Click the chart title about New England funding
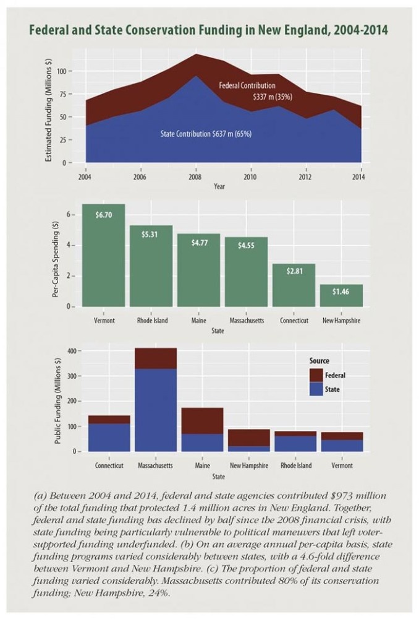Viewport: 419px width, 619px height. [x=209, y=31]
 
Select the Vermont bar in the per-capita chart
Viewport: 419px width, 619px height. [x=103, y=260]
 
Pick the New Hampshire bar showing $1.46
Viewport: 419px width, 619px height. [x=341, y=295]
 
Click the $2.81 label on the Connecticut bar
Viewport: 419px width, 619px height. [x=294, y=271]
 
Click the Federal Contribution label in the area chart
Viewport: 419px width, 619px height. [x=247, y=86]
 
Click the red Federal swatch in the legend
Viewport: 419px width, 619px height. [x=316, y=375]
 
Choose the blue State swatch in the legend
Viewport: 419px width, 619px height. [x=316, y=389]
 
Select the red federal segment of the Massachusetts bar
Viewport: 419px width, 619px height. [x=156, y=358]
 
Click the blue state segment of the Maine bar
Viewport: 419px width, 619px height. [x=202, y=442]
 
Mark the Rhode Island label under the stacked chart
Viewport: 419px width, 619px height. [x=296, y=465]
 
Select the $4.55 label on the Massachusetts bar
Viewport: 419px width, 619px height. [x=246, y=245]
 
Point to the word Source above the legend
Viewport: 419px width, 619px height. [x=319, y=361]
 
